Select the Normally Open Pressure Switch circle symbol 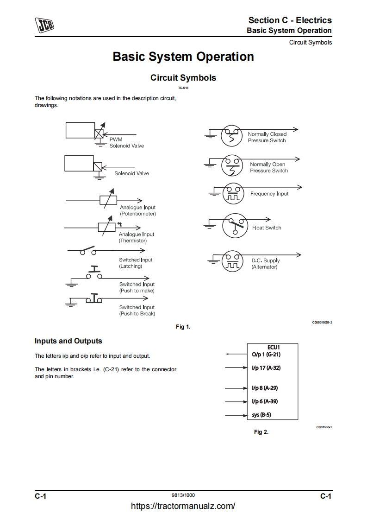coord(232,165)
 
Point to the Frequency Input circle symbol coord(232,194)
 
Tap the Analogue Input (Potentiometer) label coord(138,211)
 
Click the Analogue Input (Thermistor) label coord(137,237)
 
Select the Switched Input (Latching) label coord(136,263)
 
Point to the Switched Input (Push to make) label coord(137,287)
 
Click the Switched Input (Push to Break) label coord(137,311)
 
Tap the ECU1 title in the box coord(274,347)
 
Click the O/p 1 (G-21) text coord(267,355)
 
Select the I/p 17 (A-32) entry coord(267,368)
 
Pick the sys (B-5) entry coord(262,415)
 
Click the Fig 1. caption coord(183,327)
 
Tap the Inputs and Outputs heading coord(68,341)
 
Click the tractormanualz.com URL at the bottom coord(183,506)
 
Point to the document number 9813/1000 coord(183,495)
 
